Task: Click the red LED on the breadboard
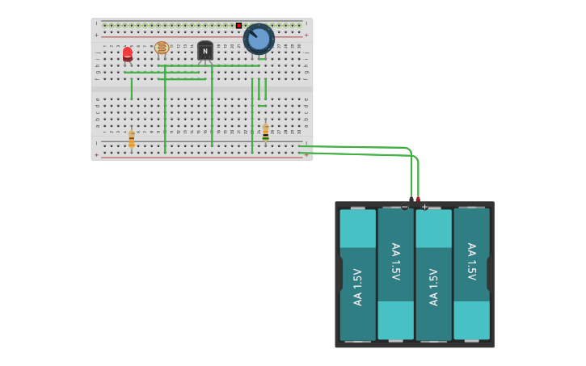[128, 54]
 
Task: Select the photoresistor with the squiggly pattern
[162, 48]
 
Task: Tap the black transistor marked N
[205, 51]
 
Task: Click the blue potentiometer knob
[259, 39]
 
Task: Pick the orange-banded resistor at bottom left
[132, 141]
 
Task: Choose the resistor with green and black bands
[265, 132]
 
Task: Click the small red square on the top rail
[239, 26]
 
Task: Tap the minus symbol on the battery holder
[405, 207]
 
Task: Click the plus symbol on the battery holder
[424, 207]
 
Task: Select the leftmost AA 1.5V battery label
[357, 287]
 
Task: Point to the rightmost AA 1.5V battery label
[471, 262]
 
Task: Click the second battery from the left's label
[395, 262]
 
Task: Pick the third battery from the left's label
[433, 287]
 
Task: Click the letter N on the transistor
[205, 52]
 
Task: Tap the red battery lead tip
[418, 199]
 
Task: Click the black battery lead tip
[411, 199]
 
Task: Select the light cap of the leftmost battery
[357, 229]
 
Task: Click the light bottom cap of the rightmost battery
[471, 320]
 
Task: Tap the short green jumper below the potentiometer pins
[262, 106]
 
